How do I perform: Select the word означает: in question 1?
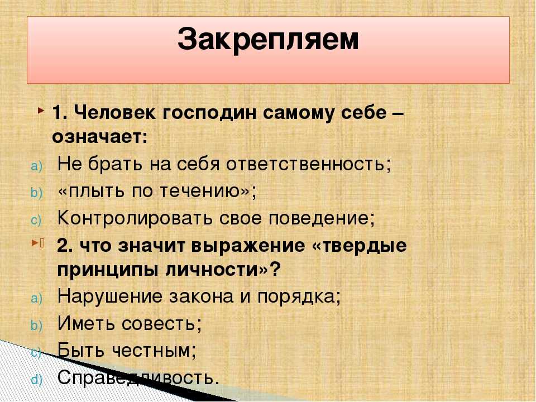[100, 137]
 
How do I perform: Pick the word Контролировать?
[135, 218]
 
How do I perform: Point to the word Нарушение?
[110, 296]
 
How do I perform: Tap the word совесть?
[158, 323]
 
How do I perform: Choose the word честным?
[151, 350]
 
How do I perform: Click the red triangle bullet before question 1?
[41, 111]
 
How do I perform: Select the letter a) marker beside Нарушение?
[37, 298]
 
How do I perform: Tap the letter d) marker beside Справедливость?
[37, 380]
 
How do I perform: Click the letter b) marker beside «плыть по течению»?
[37, 193]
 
